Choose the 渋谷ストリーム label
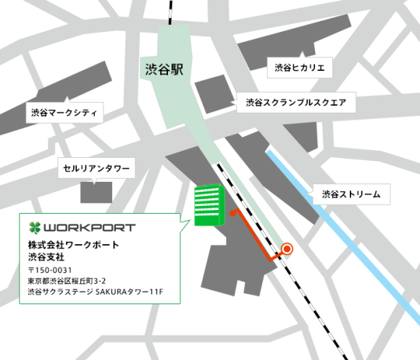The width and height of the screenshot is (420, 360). [x=350, y=194]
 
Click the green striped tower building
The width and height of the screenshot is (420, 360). [x=207, y=205]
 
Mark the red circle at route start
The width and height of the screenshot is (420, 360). [x=287, y=249]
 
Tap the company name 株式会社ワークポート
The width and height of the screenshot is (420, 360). [x=73, y=245]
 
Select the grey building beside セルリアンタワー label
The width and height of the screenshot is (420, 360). [x=96, y=191]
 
